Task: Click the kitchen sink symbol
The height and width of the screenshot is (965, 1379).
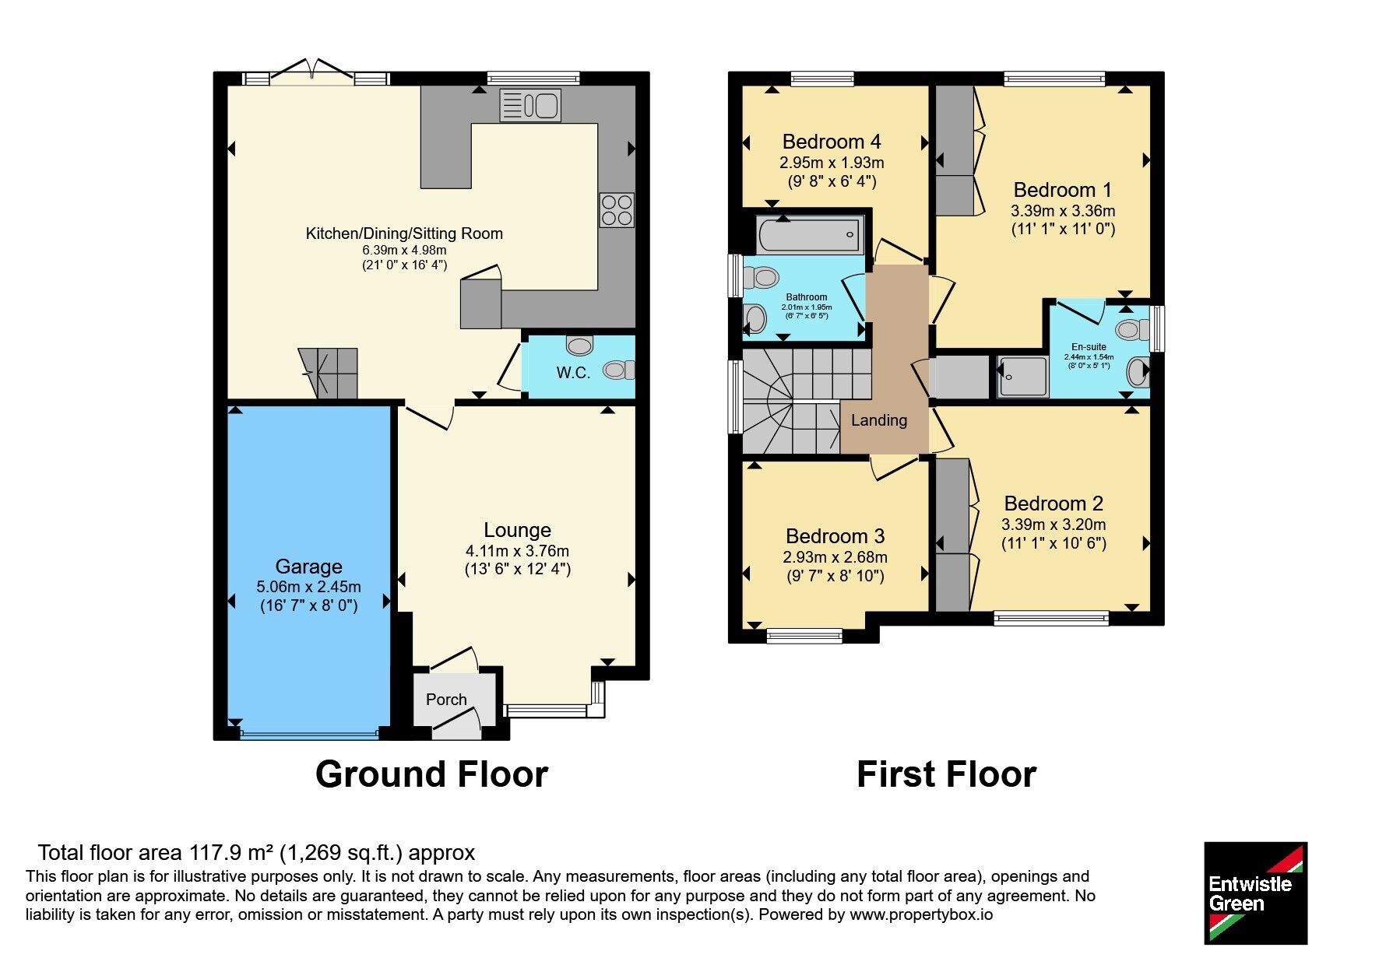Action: point(529,105)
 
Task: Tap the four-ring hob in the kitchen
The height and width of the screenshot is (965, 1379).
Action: point(617,209)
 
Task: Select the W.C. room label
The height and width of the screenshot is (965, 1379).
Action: point(573,373)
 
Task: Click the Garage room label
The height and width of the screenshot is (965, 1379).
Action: point(308,567)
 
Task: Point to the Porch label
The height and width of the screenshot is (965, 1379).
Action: point(446,700)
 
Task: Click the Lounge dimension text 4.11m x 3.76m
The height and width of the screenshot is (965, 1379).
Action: point(518,551)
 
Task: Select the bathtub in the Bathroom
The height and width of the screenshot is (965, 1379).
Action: point(810,234)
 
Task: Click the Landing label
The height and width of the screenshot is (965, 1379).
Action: point(879,421)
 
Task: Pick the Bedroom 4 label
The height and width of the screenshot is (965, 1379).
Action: point(832,142)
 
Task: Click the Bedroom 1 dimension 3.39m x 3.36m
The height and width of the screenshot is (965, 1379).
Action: point(1063,211)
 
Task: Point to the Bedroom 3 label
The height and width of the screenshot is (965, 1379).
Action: point(835,536)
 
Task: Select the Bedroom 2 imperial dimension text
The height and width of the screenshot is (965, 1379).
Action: point(1054,543)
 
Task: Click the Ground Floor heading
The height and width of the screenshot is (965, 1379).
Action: point(431,774)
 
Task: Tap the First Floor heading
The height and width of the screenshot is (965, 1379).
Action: point(946,774)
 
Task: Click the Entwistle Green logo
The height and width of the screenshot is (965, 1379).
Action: point(1255,893)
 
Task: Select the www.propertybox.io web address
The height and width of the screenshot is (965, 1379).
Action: point(921,914)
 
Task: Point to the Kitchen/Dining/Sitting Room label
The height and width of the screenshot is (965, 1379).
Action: point(404,233)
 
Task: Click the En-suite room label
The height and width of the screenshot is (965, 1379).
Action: point(1089,347)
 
